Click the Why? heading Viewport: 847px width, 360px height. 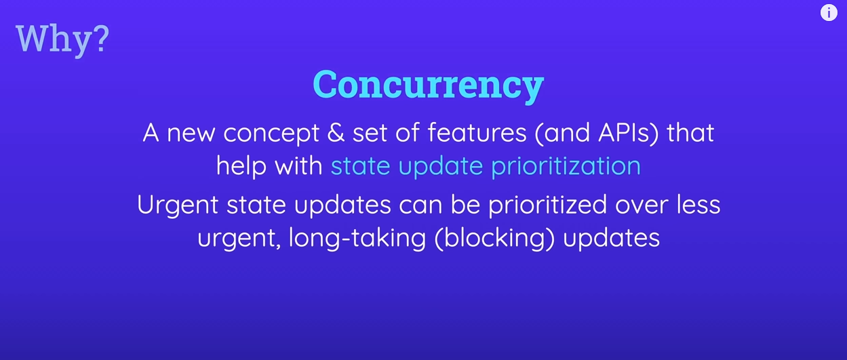click(x=62, y=39)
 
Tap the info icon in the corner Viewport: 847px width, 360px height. click(x=829, y=13)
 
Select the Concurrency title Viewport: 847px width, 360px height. click(x=428, y=85)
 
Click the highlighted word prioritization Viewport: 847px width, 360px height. click(x=566, y=167)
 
